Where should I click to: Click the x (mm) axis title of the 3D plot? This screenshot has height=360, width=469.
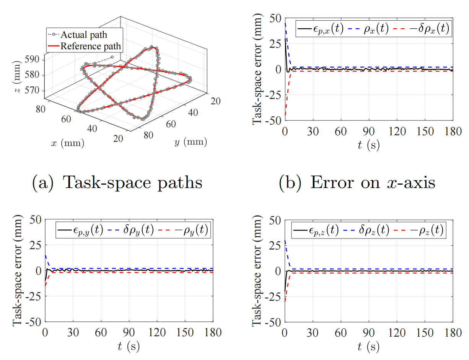tap(67, 143)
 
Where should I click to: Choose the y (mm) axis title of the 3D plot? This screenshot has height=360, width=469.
tap(190, 143)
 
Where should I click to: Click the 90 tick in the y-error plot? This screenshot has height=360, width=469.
tap(129, 332)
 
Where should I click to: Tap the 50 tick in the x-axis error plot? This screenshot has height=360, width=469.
tap(276, 18)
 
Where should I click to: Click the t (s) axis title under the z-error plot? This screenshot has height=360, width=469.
tap(369, 346)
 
